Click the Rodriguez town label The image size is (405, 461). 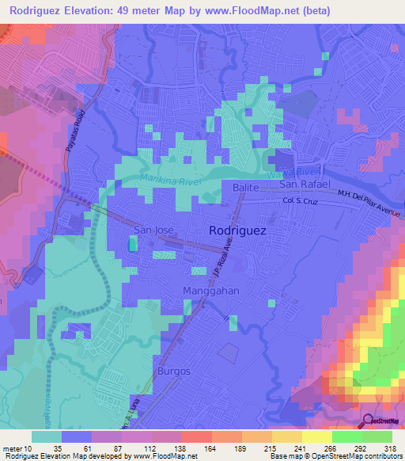237,230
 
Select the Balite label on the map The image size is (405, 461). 247,186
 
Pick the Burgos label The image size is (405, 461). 174,371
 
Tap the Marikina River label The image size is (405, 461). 170,181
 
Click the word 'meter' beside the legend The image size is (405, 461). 13,448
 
